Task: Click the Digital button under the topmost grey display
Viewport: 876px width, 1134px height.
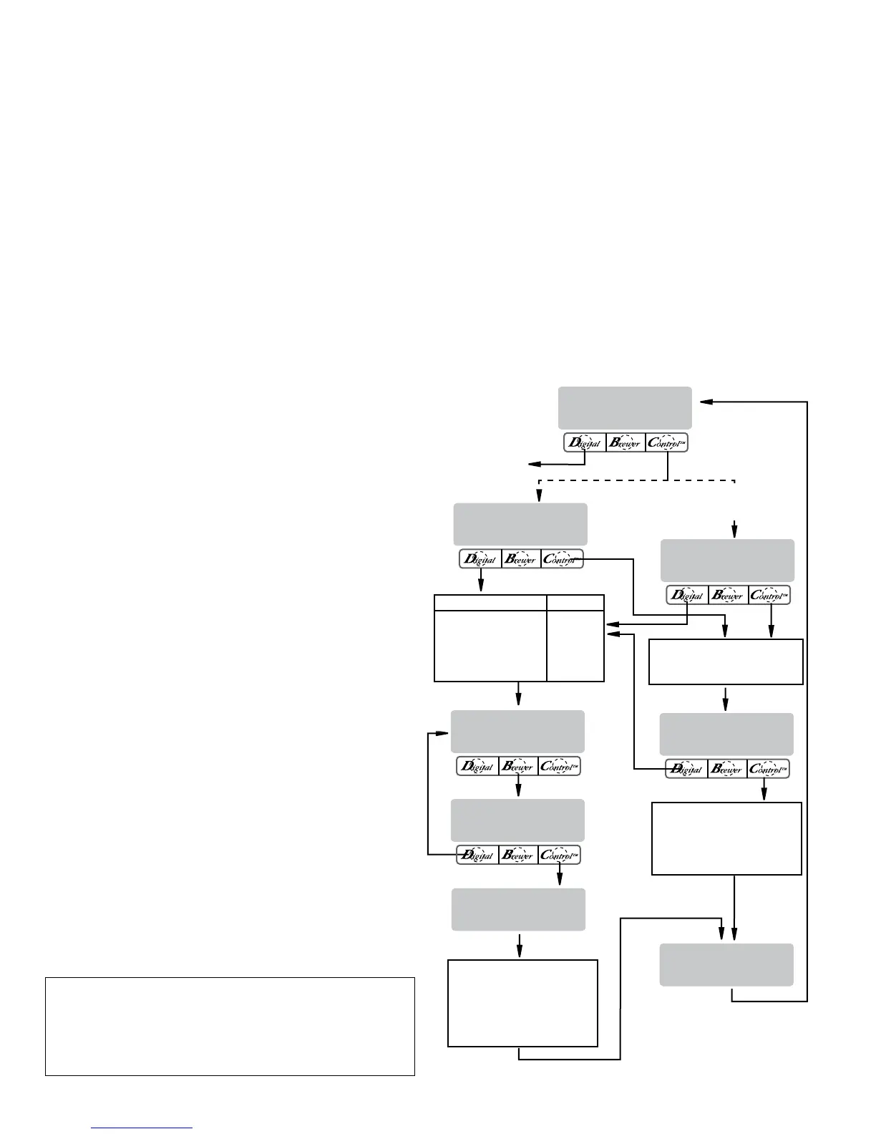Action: tap(585, 442)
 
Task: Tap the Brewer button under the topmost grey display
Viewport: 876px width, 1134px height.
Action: tap(626, 442)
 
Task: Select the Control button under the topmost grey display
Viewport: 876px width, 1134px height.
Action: tap(666, 442)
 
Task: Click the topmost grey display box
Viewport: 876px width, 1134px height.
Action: tap(625, 408)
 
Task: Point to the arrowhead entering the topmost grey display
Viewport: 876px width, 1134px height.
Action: tap(705, 402)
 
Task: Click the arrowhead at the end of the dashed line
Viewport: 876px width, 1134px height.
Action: tap(540, 495)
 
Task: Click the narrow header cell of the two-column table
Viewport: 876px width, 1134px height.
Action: tap(575, 602)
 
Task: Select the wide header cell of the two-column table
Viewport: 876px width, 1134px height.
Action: tap(490, 602)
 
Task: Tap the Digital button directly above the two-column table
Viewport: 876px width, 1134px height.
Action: tap(480, 560)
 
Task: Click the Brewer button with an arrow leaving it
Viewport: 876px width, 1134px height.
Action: tap(518, 767)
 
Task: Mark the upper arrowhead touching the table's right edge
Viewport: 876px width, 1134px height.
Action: tap(610, 623)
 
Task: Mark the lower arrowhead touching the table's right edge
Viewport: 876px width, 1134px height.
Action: tap(610, 633)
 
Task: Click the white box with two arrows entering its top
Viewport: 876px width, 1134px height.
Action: tap(726, 662)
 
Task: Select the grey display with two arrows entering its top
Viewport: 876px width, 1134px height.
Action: tap(726, 964)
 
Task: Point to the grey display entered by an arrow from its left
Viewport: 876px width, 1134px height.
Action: tap(517, 731)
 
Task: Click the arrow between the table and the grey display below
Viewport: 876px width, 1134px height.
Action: tap(518, 694)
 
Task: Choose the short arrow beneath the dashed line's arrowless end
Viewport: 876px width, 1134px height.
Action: tap(734, 528)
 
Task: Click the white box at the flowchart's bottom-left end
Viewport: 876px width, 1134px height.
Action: tap(522, 1003)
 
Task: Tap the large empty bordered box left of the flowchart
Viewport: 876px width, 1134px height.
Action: tap(230, 1026)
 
